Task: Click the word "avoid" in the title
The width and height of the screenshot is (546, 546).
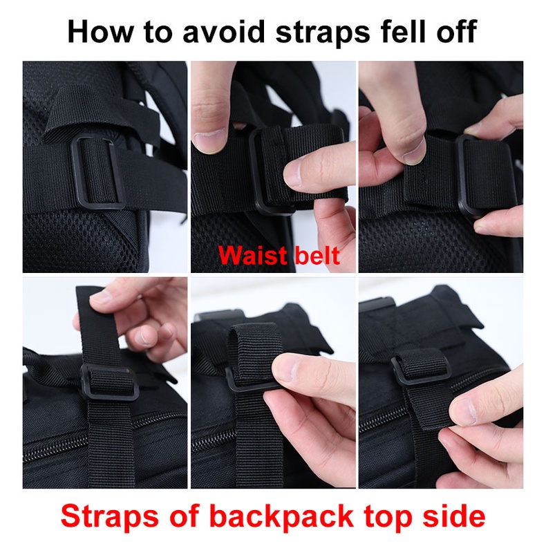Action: click(x=223, y=31)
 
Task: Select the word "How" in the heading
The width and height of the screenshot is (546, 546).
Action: click(x=100, y=31)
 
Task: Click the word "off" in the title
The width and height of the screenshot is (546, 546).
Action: click(x=456, y=31)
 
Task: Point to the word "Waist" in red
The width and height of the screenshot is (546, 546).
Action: click(x=252, y=256)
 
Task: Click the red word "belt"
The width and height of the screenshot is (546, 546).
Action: click(x=317, y=256)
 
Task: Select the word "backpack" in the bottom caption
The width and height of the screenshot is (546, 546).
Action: click(x=281, y=517)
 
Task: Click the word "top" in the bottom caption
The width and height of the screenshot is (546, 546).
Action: click(x=387, y=518)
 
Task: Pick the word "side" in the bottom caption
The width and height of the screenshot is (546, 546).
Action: click(x=453, y=516)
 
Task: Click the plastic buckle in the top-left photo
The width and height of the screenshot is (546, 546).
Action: click(x=98, y=172)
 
